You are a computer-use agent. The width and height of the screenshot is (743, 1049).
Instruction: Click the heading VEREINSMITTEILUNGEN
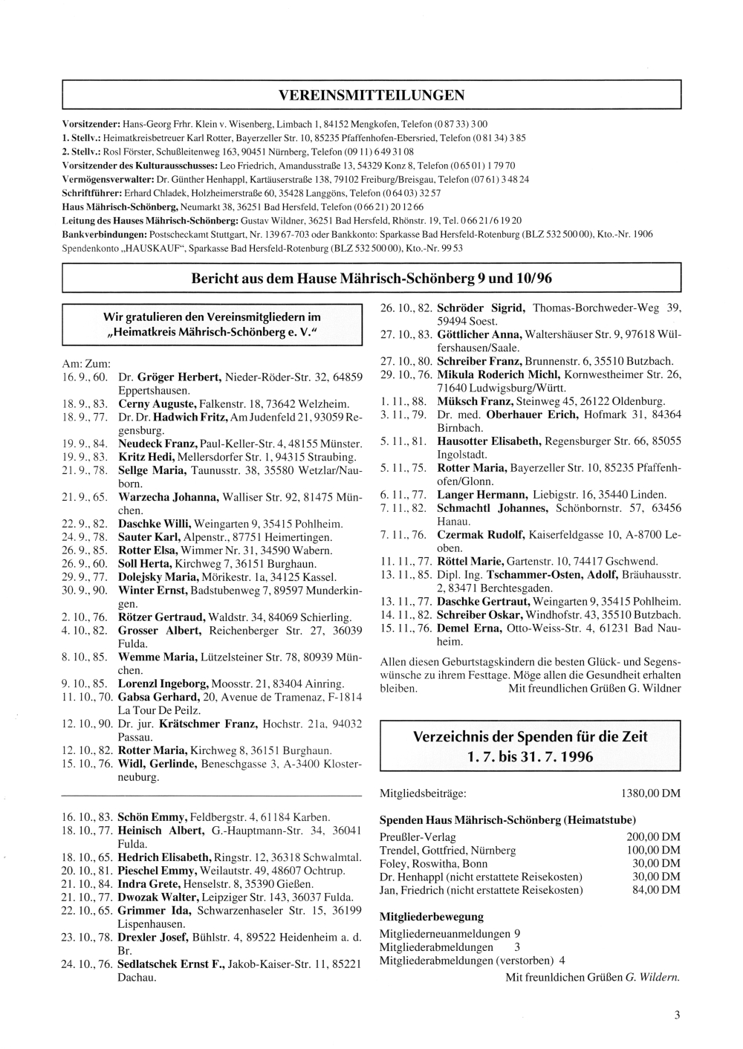(371, 95)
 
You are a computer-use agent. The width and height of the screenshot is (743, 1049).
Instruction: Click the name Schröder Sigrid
(481, 308)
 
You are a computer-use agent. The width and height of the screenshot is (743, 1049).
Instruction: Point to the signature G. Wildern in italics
(652, 978)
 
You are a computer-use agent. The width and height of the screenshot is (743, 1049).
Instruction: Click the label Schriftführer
(91, 193)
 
